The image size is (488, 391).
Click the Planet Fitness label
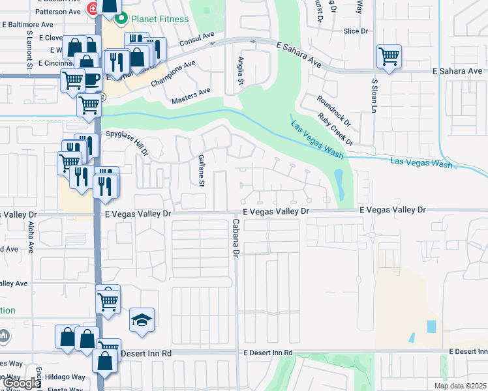160,19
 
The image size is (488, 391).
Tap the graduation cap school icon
142,320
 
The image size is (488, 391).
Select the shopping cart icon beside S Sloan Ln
389,57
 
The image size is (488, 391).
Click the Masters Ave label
191,96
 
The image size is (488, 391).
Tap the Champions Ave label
173,74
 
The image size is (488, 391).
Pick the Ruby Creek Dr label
335,129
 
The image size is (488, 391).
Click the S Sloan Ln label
374,96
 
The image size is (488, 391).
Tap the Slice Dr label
356,31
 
